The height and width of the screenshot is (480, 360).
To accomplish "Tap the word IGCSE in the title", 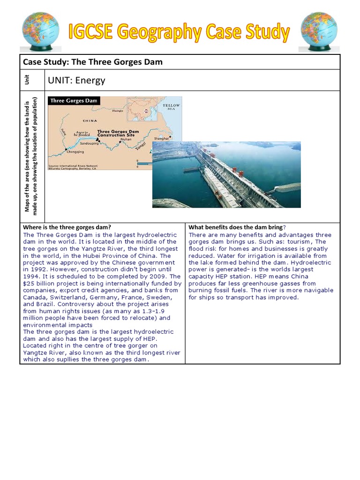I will point(93,32).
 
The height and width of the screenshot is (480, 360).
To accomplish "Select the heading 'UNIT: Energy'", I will point(76,80).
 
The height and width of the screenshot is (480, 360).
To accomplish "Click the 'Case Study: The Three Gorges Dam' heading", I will point(93,62).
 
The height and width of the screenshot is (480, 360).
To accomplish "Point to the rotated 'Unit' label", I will point(33,80).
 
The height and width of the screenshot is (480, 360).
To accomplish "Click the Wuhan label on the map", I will point(126,140).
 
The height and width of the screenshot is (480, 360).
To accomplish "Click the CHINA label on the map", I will point(90,120).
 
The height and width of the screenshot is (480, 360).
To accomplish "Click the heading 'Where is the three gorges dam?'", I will point(67,227).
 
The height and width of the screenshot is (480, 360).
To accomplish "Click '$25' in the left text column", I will point(29,284).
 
